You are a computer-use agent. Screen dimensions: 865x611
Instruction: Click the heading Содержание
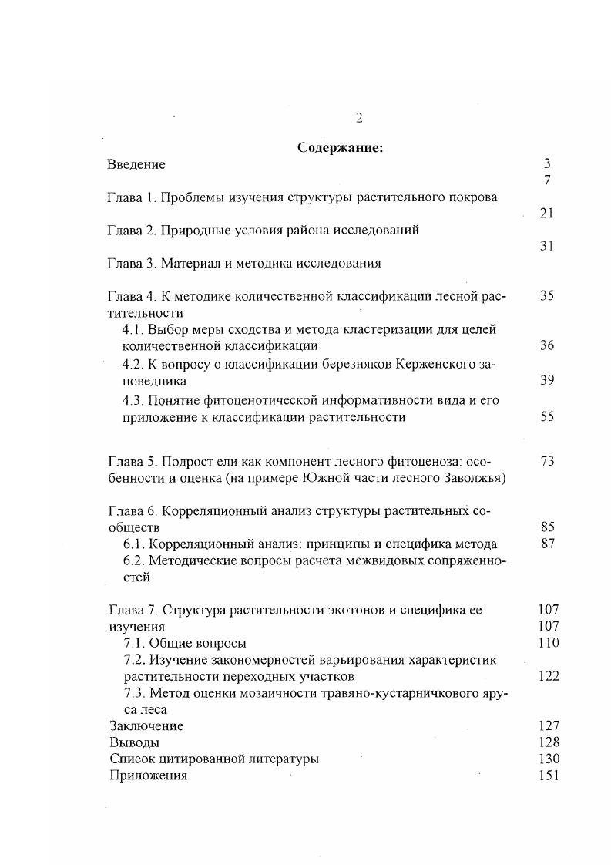(x=340, y=148)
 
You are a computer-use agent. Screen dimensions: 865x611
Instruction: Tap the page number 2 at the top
(x=358, y=118)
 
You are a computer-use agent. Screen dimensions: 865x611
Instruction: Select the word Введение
(x=136, y=164)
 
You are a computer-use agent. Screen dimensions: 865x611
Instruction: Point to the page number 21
(x=546, y=214)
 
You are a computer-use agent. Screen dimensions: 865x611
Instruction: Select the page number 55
(x=547, y=417)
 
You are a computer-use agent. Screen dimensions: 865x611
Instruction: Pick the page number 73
(x=547, y=461)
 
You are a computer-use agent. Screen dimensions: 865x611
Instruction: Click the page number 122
(x=549, y=677)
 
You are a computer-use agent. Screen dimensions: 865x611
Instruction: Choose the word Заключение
(x=146, y=726)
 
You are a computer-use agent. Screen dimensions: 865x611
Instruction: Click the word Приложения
(x=148, y=776)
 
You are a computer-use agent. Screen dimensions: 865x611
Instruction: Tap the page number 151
(x=549, y=776)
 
